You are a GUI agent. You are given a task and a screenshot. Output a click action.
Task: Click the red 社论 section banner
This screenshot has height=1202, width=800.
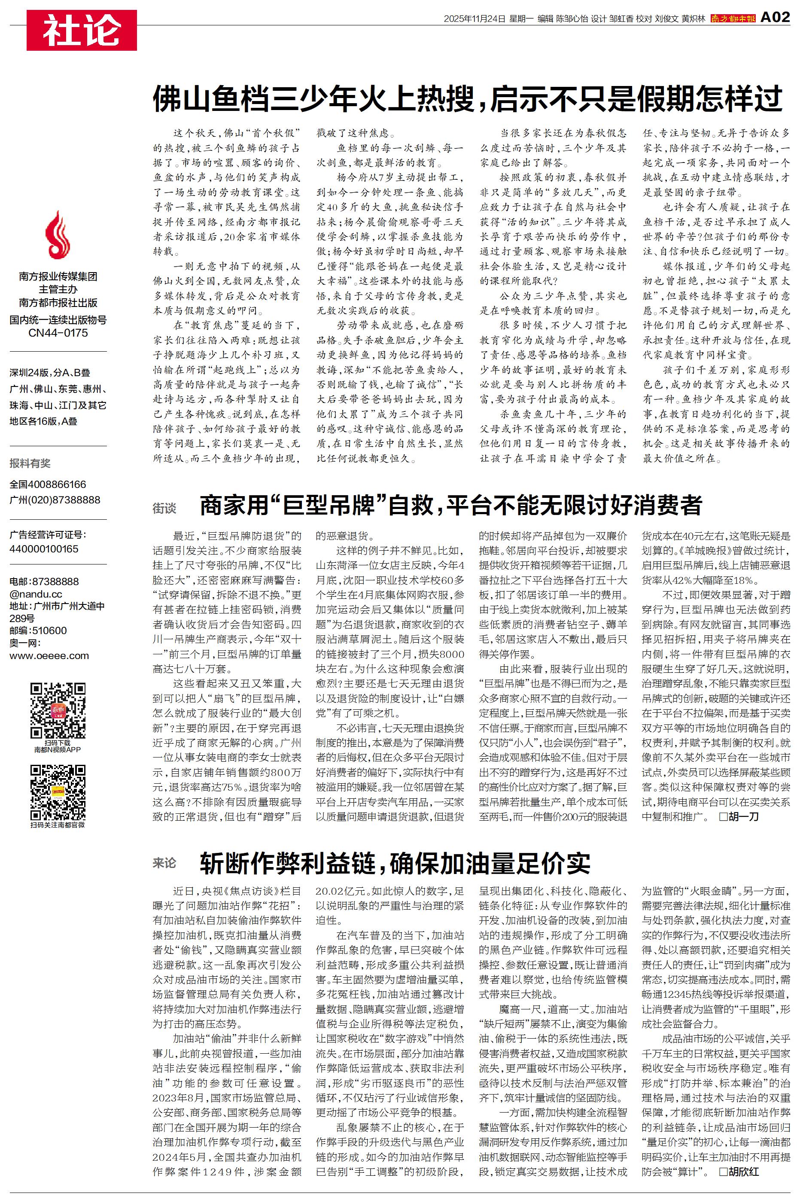(x=82, y=31)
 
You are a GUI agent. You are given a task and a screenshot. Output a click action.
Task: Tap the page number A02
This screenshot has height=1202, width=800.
(x=775, y=18)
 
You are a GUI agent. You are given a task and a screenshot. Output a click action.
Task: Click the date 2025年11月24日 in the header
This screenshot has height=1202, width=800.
(x=474, y=19)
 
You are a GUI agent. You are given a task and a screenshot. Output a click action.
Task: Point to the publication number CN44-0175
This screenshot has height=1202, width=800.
(x=58, y=333)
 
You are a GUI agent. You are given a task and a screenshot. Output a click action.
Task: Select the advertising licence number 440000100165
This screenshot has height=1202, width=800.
(x=44, y=549)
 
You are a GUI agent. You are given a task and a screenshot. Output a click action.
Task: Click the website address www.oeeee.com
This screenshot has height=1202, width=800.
(x=49, y=656)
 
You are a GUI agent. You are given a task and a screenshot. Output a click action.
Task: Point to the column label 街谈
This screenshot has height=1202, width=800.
(x=164, y=508)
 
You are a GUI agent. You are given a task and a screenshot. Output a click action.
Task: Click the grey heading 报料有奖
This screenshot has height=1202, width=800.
(x=30, y=463)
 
